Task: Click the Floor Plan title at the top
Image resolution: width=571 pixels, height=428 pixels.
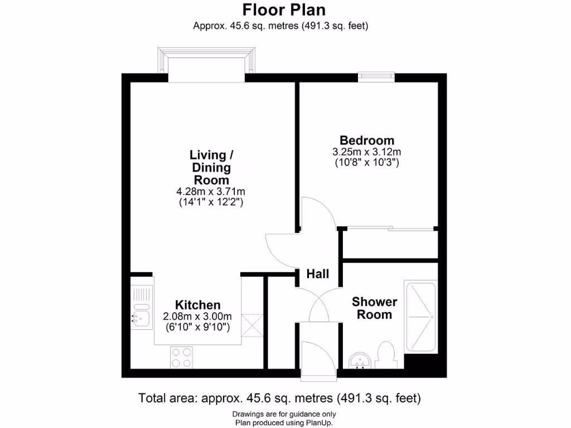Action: (x=284, y=10)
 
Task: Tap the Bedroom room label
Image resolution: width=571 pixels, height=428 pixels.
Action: (x=367, y=140)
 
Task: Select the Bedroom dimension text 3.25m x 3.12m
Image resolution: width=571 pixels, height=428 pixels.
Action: (x=367, y=152)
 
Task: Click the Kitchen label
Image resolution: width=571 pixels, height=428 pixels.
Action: (x=198, y=305)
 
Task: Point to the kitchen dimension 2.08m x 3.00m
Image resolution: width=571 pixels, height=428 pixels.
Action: (x=198, y=316)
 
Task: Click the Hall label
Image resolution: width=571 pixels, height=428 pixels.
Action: (x=318, y=274)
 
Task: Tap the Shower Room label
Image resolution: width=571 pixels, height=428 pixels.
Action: (x=374, y=308)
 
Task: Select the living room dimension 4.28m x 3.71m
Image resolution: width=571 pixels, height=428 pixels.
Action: (x=210, y=192)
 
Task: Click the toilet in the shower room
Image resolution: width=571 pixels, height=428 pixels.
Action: (x=385, y=356)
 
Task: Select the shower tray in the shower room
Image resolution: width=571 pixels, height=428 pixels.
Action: (x=421, y=317)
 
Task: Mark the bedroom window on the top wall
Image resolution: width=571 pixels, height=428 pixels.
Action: (x=376, y=77)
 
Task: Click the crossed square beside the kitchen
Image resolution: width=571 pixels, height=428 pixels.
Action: (x=252, y=325)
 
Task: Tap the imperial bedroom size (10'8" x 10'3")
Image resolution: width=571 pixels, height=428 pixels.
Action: (x=367, y=163)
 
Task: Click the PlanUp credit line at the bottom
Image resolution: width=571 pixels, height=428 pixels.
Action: (x=284, y=422)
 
